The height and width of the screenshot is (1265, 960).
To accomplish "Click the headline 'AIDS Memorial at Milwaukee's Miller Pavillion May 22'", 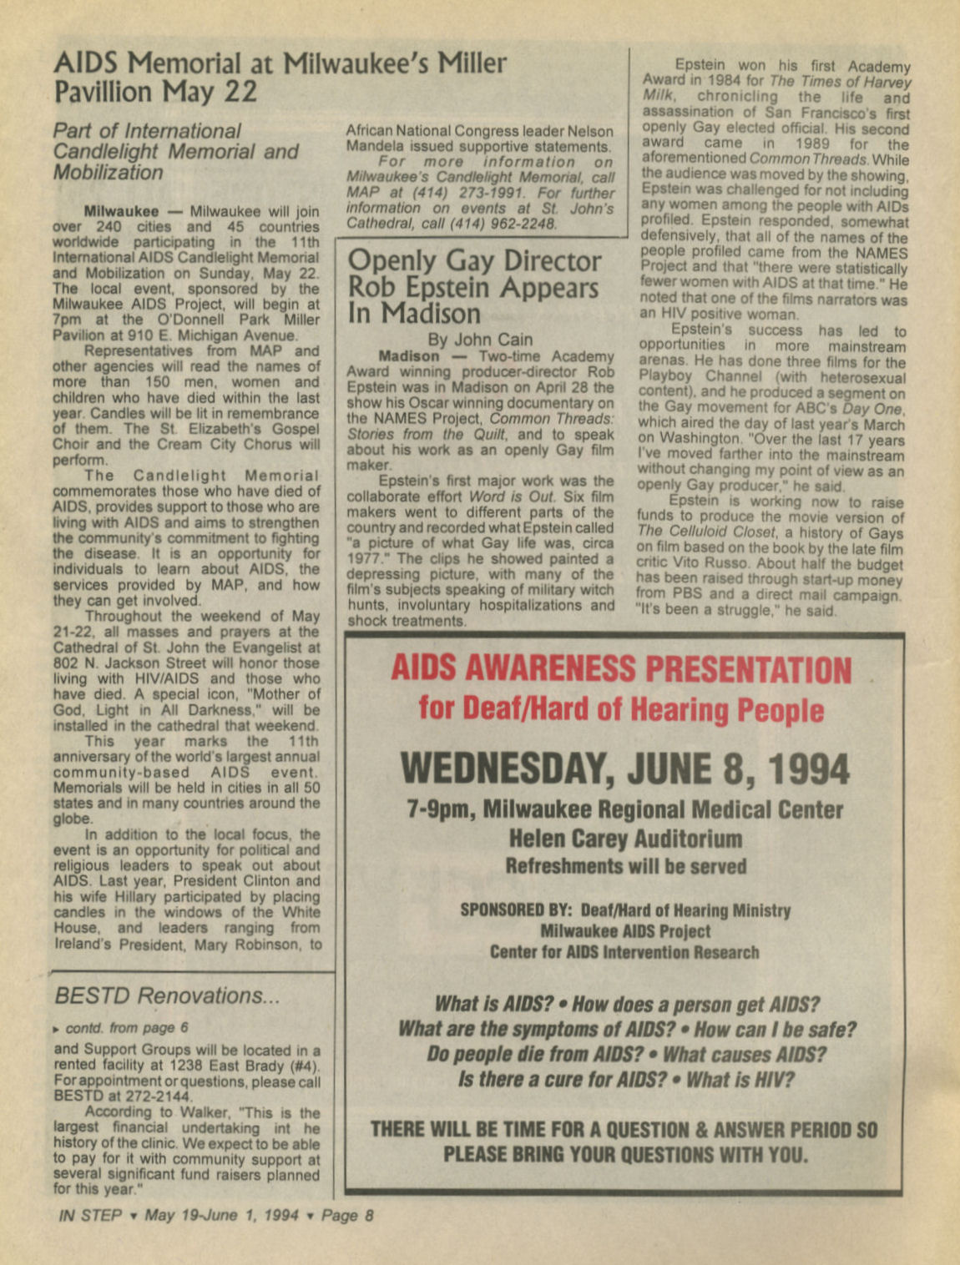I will point(280,77).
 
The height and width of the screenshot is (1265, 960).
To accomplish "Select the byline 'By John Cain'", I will point(479,340).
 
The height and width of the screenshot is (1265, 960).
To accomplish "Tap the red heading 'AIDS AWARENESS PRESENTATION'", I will point(621,669).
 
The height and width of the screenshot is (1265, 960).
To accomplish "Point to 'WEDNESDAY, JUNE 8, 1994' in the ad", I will point(624,769).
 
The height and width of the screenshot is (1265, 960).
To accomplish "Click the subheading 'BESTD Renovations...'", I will point(167,995).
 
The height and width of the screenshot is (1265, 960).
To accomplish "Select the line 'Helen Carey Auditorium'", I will point(625,838).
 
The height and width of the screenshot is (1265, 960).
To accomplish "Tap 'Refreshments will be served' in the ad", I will point(625,866).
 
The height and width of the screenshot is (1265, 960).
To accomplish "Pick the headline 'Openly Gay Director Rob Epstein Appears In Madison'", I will point(473,286).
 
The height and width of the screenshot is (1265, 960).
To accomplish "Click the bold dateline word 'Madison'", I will point(408,355).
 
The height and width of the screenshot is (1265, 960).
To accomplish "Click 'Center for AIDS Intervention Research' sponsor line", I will point(624,952).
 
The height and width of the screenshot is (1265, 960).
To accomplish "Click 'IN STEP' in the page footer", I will point(91,1215).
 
